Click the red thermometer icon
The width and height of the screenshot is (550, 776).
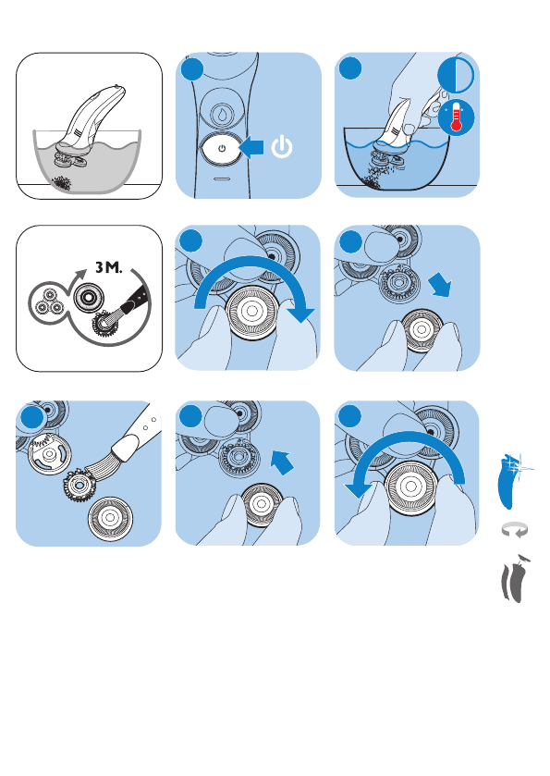point(457,118)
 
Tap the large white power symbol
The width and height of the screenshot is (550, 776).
point(281,147)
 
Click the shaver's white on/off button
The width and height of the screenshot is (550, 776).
point(221,148)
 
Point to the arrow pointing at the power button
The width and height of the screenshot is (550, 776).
point(251,147)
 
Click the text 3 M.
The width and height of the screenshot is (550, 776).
point(108,267)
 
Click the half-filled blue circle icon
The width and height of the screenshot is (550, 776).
point(456,75)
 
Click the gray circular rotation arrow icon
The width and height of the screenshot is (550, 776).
point(514,530)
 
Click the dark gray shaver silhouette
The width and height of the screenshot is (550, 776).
point(513,580)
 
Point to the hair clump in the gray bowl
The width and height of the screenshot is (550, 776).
point(62,184)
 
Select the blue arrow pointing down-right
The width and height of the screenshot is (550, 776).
point(440,285)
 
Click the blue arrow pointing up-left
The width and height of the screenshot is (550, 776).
point(282,462)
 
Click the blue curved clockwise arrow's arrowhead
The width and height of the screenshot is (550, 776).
point(301,314)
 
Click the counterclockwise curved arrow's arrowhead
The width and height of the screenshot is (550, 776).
point(358,490)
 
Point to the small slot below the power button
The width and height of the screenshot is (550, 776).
point(221,179)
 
